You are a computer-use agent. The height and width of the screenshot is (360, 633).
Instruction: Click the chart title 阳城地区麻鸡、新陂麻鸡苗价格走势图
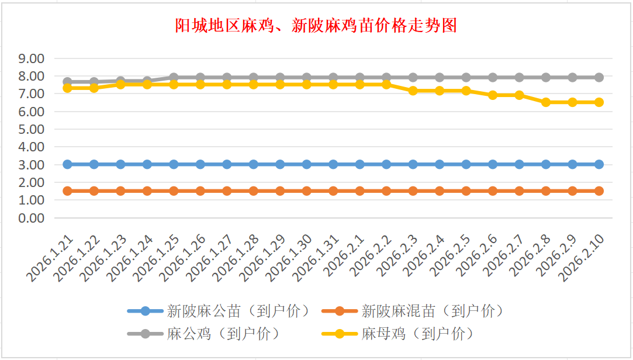pos(316,26)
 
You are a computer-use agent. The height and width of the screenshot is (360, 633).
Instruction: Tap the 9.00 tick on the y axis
pos(32,58)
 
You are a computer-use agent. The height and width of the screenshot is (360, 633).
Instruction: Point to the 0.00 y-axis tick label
pos(32,218)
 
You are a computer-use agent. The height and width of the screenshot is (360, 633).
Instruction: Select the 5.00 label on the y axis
pos(32,129)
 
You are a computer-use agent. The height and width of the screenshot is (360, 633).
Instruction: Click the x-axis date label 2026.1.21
pos(52,257)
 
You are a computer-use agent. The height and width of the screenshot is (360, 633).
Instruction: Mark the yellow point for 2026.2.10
pos(599,102)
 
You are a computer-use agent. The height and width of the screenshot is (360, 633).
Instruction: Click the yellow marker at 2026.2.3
pos(413,91)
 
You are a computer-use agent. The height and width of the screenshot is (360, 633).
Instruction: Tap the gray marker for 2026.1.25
pos(174,77)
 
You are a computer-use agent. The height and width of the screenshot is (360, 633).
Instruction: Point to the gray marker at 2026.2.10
pos(599,77)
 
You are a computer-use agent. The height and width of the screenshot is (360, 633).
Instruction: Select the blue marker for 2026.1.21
pos(67,164)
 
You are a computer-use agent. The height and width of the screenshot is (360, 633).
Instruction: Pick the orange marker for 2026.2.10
pos(599,191)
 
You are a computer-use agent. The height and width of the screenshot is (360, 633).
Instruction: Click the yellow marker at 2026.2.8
pos(546,102)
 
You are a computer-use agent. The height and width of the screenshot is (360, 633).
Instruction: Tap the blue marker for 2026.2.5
pos(466,164)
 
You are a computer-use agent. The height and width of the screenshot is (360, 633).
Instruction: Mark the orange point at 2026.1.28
pos(254,191)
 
